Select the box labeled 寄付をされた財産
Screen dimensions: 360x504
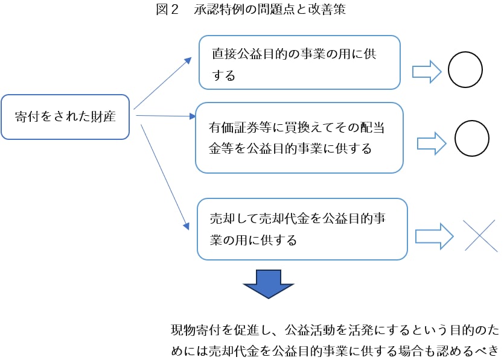click(x=65, y=117)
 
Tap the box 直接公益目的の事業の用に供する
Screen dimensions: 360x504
click(x=299, y=63)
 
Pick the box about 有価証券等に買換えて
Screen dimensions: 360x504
click(x=299, y=138)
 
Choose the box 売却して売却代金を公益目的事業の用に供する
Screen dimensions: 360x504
click(x=302, y=229)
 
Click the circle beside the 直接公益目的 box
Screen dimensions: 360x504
click(x=465, y=70)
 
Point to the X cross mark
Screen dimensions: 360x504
click(x=480, y=235)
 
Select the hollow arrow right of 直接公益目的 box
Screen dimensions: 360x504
click(x=427, y=71)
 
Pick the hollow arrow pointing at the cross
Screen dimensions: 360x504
click(x=434, y=236)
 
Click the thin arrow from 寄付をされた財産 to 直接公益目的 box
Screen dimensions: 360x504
click(x=162, y=84)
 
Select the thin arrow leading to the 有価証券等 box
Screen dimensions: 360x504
click(x=163, y=115)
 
